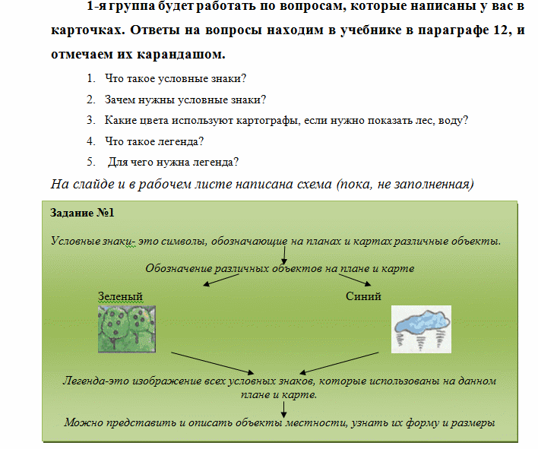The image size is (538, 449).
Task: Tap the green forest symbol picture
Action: pos(128,328)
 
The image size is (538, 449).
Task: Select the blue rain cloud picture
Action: pos(420,328)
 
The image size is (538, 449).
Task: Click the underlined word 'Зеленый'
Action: pos(120,296)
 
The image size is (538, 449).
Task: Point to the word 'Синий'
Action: pos(363,296)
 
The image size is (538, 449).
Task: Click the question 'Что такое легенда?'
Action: pos(153,141)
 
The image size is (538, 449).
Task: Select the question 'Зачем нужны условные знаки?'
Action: pos(185,100)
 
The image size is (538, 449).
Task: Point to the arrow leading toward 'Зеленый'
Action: pos(228,280)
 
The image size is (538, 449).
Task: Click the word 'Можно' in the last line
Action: pos(81,422)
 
